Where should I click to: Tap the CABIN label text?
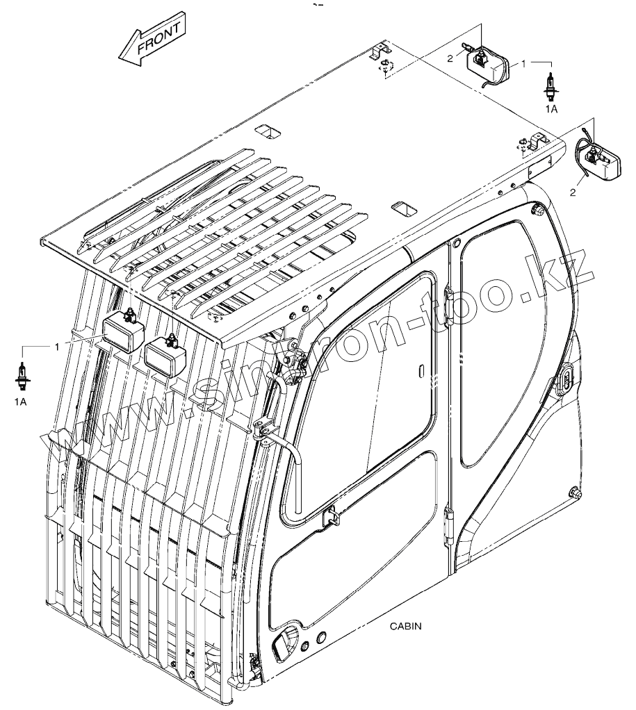[406, 625]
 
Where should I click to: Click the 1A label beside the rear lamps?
[551, 110]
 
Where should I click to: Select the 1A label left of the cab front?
[23, 402]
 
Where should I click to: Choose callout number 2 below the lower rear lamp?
[572, 192]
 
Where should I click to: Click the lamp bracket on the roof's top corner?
[379, 51]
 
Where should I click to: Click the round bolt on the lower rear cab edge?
[574, 493]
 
